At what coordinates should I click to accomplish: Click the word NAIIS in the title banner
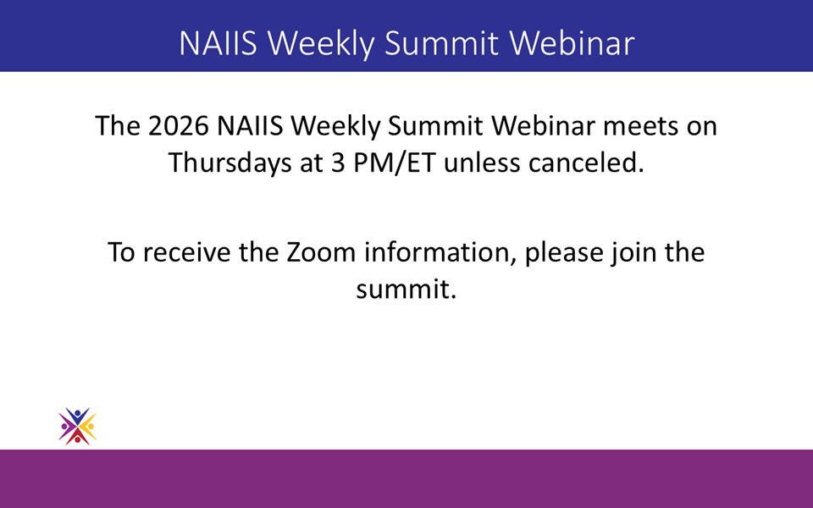click(218, 42)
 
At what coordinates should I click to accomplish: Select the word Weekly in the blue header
click(320, 43)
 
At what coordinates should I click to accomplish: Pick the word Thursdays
click(230, 163)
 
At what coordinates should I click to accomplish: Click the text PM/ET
click(395, 163)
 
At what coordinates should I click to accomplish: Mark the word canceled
click(586, 163)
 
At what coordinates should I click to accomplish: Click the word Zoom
click(321, 252)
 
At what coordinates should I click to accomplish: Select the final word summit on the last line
click(406, 290)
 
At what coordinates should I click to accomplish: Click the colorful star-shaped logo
click(77, 427)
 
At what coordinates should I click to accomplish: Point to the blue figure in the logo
click(77, 416)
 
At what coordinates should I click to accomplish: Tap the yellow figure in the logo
click(89, 427)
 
